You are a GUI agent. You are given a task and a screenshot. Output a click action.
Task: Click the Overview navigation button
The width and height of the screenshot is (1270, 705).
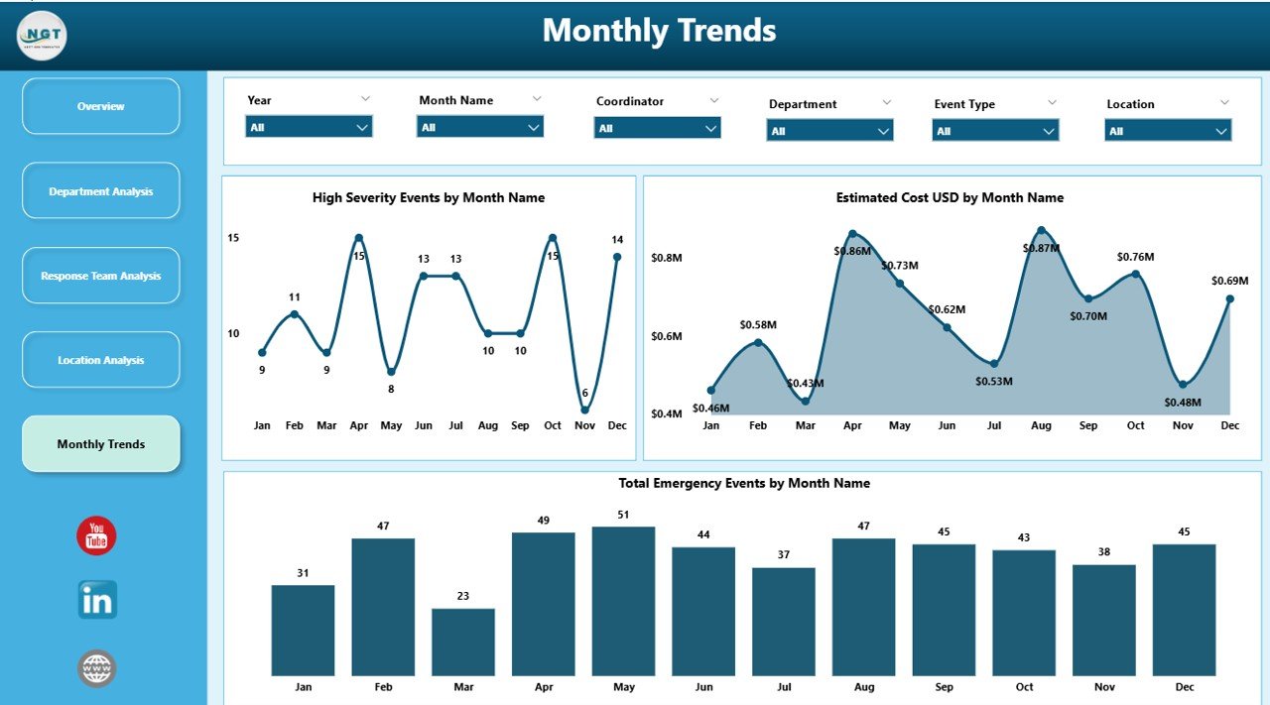click(100, 106)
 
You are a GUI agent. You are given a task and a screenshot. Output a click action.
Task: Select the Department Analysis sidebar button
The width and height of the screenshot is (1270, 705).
click(100, 191)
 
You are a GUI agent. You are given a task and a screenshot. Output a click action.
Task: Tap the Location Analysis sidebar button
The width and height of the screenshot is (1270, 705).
click(100, 360)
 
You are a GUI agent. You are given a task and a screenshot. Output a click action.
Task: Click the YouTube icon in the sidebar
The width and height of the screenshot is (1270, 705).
click(96, 536)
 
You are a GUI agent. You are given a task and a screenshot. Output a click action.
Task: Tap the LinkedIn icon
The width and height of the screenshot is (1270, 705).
click(97, 600)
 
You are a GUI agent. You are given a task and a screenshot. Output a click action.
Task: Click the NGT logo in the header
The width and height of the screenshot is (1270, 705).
click(42, 35)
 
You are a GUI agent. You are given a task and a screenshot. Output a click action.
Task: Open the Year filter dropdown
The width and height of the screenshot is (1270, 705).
click(309, 127)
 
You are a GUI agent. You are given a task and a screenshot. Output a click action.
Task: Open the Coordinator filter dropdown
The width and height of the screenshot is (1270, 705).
click(657, 128)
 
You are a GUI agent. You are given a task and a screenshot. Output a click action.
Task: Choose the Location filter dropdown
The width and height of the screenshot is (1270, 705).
click(1168, 131)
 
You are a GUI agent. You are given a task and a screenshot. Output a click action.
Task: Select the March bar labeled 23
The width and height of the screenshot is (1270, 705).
click(463, 642)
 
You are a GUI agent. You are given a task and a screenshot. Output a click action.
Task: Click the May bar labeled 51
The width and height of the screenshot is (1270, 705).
click(623, 601)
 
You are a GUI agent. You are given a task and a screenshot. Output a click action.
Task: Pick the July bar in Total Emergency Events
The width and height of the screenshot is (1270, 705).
click(783, 622)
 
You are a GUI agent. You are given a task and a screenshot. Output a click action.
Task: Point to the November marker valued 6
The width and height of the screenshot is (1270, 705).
click(585, 410)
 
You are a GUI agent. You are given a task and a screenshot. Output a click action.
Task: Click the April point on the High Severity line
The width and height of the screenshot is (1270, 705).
click(359, 238)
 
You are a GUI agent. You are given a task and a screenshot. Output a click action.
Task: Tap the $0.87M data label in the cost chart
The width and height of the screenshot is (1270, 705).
click(1042, 247)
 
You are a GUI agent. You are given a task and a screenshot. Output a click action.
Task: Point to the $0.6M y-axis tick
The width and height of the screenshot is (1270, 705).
click(666, 336)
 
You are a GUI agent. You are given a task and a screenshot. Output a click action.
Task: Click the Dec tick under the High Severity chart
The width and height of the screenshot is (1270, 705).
click(617, 425)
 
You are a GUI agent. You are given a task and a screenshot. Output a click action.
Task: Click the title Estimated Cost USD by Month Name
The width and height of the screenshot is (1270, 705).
click(950, 197)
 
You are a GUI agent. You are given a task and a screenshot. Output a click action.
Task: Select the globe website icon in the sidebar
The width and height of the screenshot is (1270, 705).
click(97, 668)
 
